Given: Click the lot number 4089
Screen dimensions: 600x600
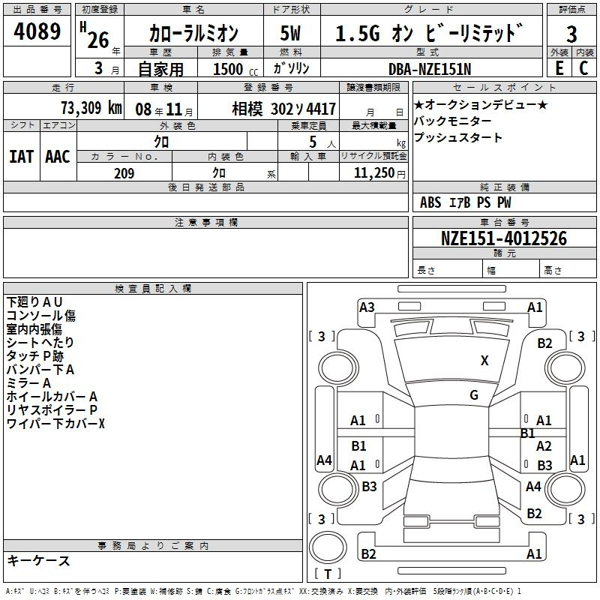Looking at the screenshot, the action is [x=37, y=31].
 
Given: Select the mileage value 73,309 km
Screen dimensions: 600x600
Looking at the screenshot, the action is [x=91, y=108].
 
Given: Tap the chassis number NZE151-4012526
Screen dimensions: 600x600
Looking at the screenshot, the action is [x=504, y=238].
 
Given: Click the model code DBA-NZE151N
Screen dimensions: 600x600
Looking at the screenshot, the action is [x=430, y=69].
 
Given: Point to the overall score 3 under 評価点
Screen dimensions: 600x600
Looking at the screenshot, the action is [x=571, y=34].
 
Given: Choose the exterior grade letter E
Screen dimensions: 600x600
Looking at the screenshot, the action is [x=559, y=68].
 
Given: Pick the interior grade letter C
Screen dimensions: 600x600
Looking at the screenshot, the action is [x=583, y=68].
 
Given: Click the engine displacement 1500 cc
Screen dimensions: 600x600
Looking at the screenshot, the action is [x=235, y=69].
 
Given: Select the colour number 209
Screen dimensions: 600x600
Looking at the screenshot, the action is [x=124, y=173].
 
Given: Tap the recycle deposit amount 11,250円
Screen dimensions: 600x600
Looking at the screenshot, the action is [x=379, y=173].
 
